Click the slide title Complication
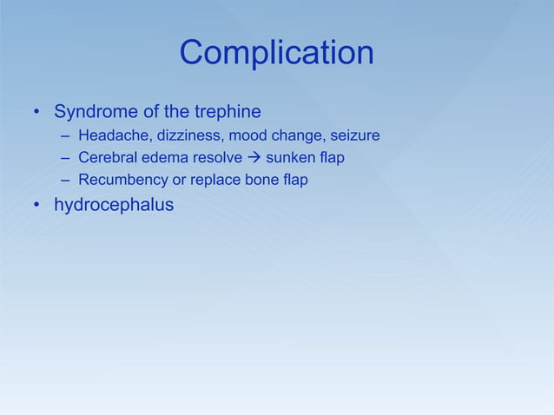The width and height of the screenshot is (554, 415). pyautogui.click(x=276, y=54)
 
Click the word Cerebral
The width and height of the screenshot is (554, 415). pyautogui.click(x=107, y=158)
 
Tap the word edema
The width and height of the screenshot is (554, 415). pyautogui.click(x=162, y=158)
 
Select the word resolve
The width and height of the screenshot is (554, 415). pyautogui.click(x=216, y=158)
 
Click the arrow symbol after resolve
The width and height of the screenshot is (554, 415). pyautogui.click(x=254, y=158)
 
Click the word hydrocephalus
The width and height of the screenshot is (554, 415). pyautogui.click(x=114, y=206)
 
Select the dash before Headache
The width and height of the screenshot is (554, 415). pyautogui.click(x=66, y=136)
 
